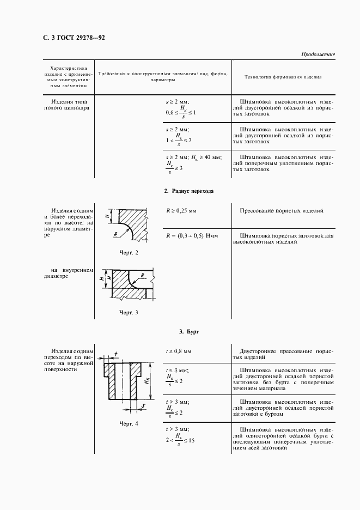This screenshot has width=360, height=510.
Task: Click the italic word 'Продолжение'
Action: pyautogui.click(x=318, y=54)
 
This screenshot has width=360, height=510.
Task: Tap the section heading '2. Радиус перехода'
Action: pyautogui.click(x=188, y=191)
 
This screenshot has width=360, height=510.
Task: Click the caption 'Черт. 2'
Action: pyautogui.click(x=129, y=253)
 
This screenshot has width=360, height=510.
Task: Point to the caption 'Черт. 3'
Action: pyautogui.click(x=129, y=312)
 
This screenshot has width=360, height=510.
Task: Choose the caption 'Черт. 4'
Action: pyautogui.click(x=129, y=423)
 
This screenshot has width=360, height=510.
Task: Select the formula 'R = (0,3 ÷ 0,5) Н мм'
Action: pyautogui.click(x=192, y=236)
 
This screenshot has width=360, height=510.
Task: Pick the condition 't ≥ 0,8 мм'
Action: pyautogui.click(x=179, y=351)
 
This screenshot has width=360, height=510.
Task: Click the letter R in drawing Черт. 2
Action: pyautogui.click(x=117, y=235)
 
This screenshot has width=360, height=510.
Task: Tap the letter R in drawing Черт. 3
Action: pyautogui.click(x=142, y=275)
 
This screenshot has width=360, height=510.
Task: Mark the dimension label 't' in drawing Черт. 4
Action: pyautogui.click(x=116, y=354)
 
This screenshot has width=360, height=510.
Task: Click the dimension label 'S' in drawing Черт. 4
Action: pyautogui.click(x=142, y=405)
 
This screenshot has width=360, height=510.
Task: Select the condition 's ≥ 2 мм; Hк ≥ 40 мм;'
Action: pyautogui.click(x=193, y=157)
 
